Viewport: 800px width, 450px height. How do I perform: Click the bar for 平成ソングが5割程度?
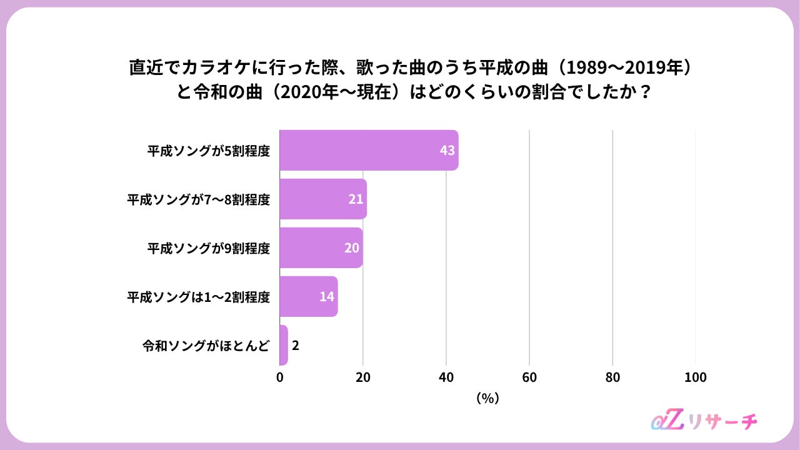coord(369,150)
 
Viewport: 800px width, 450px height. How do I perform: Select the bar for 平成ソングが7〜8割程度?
coord(323,199)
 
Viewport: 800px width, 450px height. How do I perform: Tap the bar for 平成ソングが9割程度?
coord(321,247)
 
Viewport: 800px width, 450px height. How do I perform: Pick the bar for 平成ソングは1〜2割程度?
coord(309,296)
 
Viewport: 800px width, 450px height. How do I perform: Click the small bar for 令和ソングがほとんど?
coord(284,345)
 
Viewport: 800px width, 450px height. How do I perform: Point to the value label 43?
coord(447,151)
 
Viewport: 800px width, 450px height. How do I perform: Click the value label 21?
coord(356,199)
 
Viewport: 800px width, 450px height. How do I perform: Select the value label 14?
coord(327,296)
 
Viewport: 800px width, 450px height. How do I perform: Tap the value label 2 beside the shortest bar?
coord(296,346)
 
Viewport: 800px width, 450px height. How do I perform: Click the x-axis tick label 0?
coord(279,377)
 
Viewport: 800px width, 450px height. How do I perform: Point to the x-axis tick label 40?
coord(446,377)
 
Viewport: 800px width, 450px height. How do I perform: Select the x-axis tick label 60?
coord(529,377)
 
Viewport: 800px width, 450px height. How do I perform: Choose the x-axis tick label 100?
coord(696,377)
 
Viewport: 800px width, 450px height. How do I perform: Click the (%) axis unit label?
coord(487,398)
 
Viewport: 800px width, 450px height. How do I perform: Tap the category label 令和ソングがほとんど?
coord(206,346)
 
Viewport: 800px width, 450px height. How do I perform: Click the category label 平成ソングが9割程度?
coord(209,248)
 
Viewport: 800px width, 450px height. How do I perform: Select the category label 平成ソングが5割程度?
coord(209,151)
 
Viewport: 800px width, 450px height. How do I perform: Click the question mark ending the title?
coord(646,92)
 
